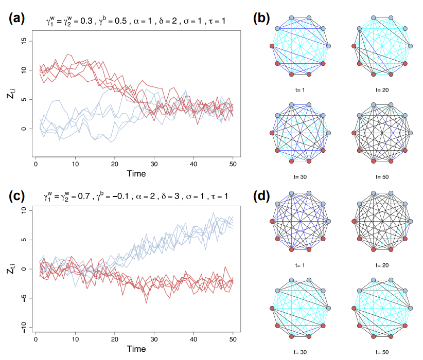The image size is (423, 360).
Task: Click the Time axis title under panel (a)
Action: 135,173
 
